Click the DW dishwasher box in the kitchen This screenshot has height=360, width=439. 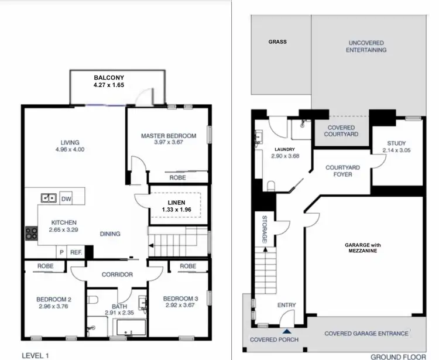66,198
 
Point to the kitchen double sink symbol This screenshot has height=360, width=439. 48,198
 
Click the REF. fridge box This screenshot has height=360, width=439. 76,252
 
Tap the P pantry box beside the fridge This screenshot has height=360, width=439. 61,252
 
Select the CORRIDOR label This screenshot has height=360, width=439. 118,274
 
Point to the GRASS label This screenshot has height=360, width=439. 277,42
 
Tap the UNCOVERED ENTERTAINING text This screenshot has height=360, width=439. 367,46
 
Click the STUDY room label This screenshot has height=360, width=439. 396,144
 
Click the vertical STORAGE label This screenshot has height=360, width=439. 264,229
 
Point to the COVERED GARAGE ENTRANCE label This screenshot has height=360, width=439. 366,334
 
